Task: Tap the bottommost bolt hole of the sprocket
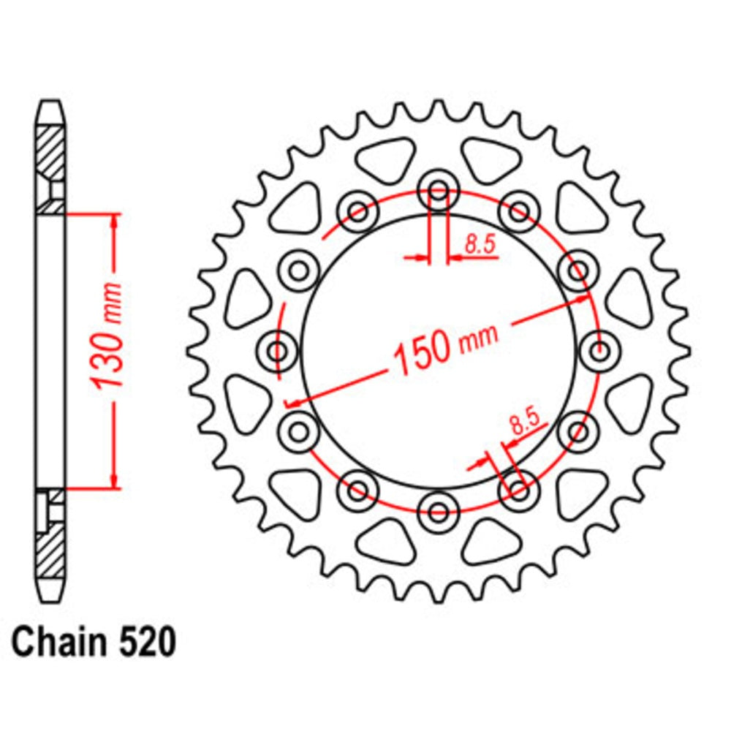[439, 511]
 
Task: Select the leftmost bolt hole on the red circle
[278, 352]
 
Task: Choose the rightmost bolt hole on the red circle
[600, 352]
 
